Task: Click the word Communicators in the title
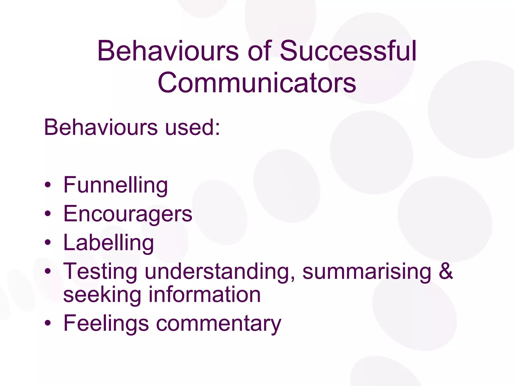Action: [x=257, y=83]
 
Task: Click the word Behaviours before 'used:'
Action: [x=101, y=127]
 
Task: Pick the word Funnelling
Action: [x=115, y=185]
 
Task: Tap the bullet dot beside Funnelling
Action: [x=47, y=186]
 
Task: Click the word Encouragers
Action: [x=128, y=214]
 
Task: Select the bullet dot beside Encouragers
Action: [x=47, y=214]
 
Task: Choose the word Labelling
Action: [x=108, y=243]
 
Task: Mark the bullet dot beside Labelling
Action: [x=47, y=243]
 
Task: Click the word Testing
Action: [x=100, y=272]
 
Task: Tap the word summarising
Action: [x=367, y=272]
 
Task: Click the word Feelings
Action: [x=106, y=324]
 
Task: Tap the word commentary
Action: [x=219, y=324]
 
